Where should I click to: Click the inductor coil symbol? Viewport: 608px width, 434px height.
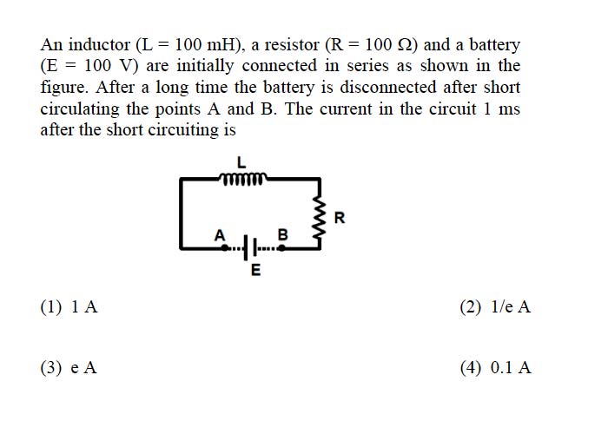[243, 179]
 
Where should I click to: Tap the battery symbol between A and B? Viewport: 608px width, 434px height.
[250, 247]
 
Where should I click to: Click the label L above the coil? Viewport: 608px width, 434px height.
[241, 162]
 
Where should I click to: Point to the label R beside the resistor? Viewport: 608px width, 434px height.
[340, 218]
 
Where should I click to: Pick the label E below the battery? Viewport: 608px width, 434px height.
[255, 270]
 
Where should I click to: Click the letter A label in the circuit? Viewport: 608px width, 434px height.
[220, 235]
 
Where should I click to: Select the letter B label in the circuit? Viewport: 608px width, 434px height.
[283, 235]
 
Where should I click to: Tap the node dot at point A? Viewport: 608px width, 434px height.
[224, 248]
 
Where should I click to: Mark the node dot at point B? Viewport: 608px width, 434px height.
[282, 248]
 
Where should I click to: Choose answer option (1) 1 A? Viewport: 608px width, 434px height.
[69, 307]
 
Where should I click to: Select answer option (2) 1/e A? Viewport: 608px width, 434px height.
[495, 307]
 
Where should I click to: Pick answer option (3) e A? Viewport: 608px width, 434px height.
[69, 367]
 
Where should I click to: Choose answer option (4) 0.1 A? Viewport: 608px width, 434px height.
[496, 367]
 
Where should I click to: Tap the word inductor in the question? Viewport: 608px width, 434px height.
[99, 45]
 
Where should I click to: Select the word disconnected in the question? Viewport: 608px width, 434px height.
[388, 87]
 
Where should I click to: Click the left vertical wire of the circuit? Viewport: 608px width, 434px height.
[181, 214]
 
